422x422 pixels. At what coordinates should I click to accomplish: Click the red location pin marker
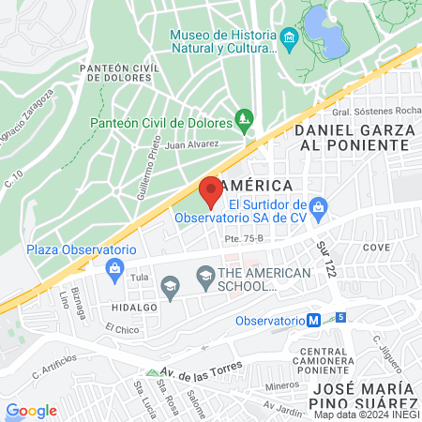[x=210, y=191]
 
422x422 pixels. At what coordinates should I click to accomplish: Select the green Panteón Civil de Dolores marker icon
[x=245, y=120]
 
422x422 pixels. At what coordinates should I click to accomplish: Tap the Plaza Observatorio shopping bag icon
[x=115, y=269]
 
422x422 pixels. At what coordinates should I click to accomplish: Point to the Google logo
[x=31, y=410]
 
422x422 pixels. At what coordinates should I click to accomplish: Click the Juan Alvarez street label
[x=191, y=144]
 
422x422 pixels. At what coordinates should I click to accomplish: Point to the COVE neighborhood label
[x=376, y=248]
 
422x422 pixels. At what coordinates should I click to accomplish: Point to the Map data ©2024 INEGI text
[x=367, y=414]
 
